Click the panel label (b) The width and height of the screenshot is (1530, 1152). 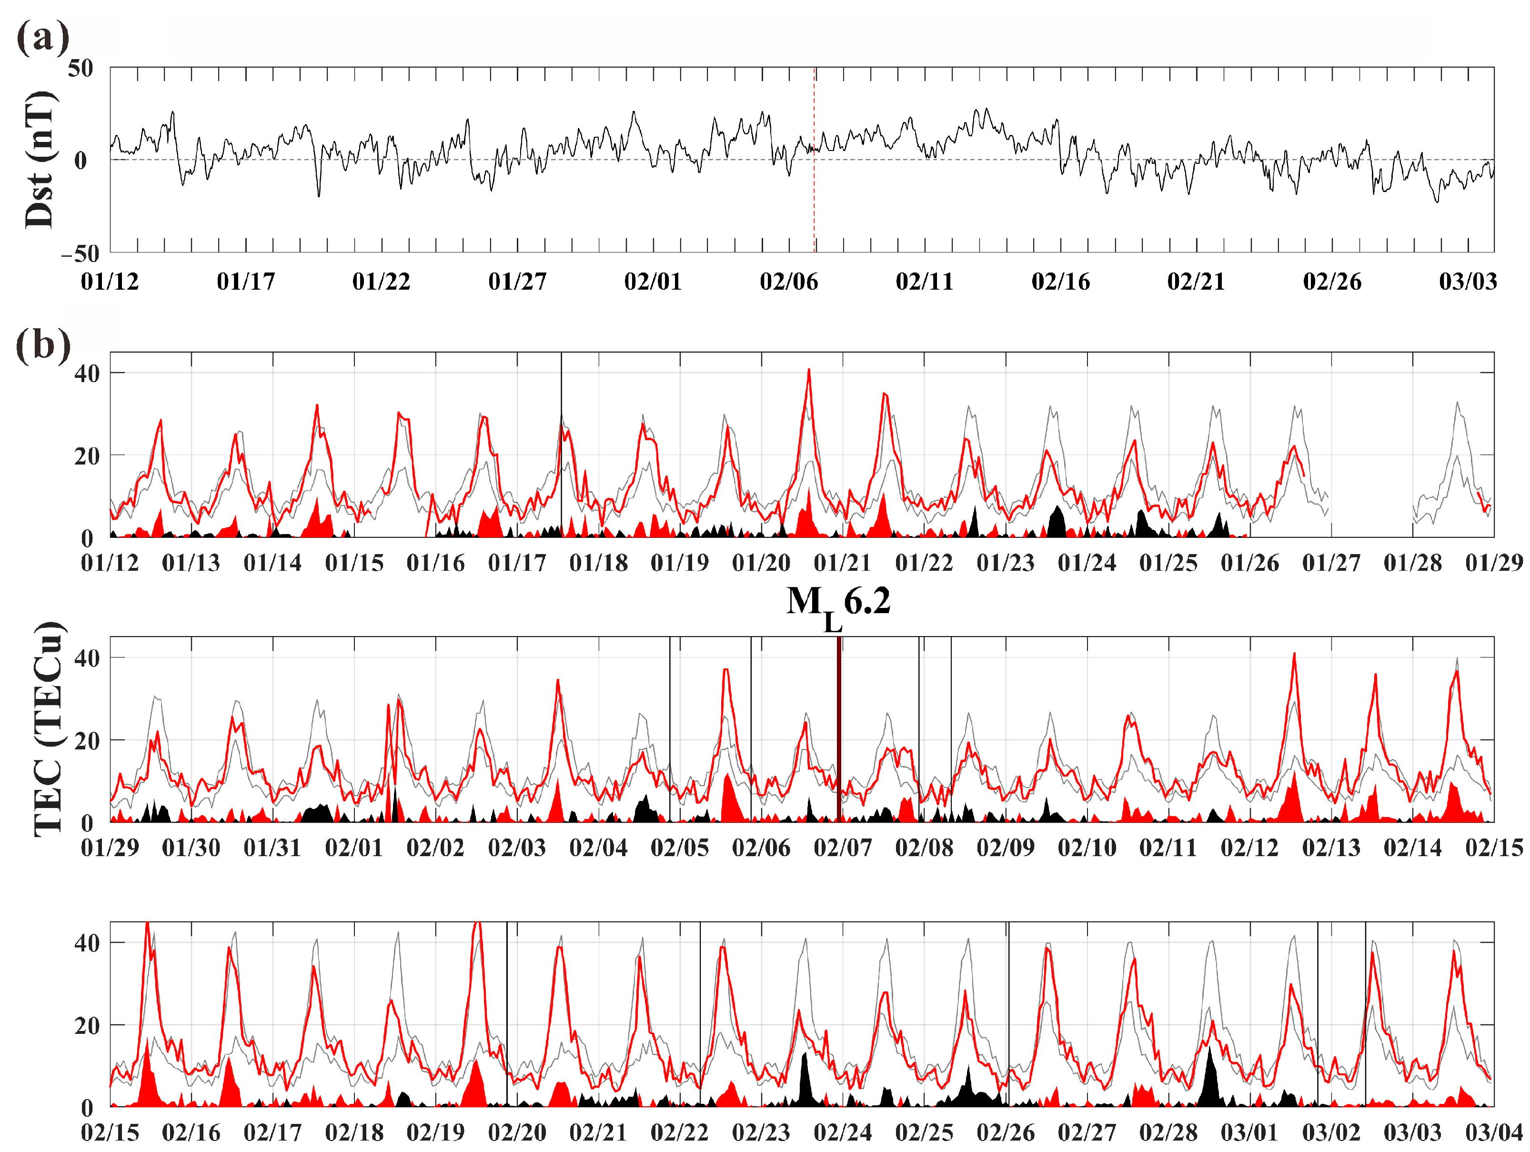coord(43,343)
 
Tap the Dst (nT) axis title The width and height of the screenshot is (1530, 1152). coord(40,160)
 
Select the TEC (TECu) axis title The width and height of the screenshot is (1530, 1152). coord(49,729)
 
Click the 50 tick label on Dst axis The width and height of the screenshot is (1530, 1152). coord(80,69)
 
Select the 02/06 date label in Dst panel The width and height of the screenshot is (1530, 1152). coord(788,282)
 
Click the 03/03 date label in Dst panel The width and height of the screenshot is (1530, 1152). coord(1468,282)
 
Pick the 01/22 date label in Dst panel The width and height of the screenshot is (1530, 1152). coord(381,282)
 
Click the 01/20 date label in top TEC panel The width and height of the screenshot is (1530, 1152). coord(761,563)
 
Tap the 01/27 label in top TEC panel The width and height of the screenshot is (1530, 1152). coord(1331,563)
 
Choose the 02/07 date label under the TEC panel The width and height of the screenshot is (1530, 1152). coord(843,848)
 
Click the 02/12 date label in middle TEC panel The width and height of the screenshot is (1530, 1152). coord(1249,848)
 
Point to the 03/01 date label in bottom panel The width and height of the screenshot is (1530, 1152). coord(1249,1132)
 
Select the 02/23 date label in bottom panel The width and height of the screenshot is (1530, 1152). coord(761,1132)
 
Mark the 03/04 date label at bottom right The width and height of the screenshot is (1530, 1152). coord(1494,1132)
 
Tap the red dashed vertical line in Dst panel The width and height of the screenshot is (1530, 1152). coord(814,208)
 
